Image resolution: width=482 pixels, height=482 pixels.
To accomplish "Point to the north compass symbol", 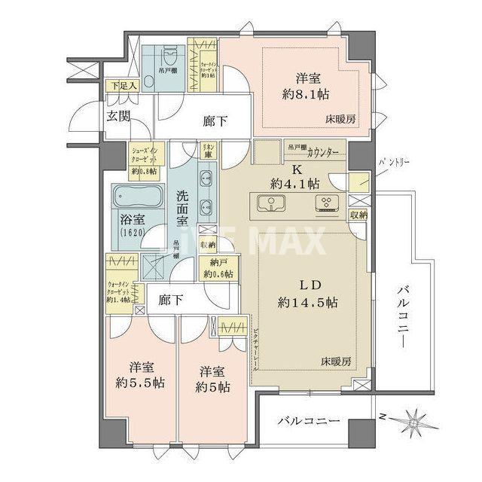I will (414, 419).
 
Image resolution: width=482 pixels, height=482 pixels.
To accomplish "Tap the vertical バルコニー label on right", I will (403, 317).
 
